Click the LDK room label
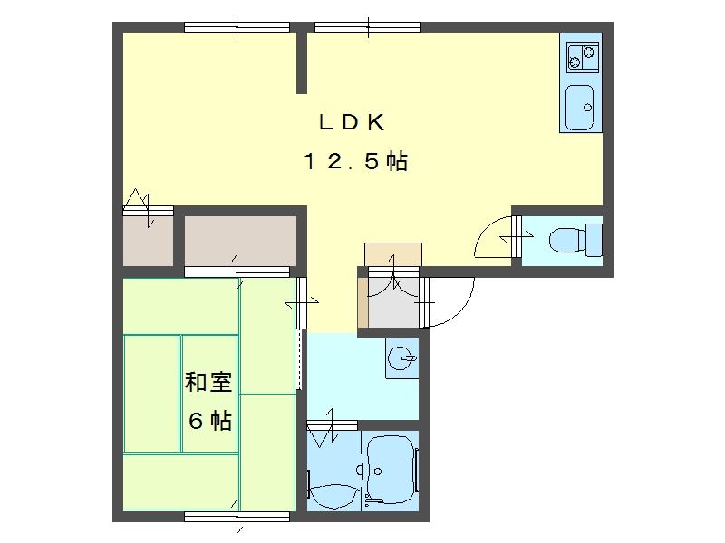352,122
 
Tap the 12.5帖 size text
355,161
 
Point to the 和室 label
208,382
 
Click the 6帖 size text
210,421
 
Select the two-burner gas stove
583,57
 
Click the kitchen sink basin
580,108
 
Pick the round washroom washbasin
401,358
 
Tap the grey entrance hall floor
393,301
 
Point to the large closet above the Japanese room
240,241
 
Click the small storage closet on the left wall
148,241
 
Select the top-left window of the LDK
237,27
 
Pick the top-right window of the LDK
368,27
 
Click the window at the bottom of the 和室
237,516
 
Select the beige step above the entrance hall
393,254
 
